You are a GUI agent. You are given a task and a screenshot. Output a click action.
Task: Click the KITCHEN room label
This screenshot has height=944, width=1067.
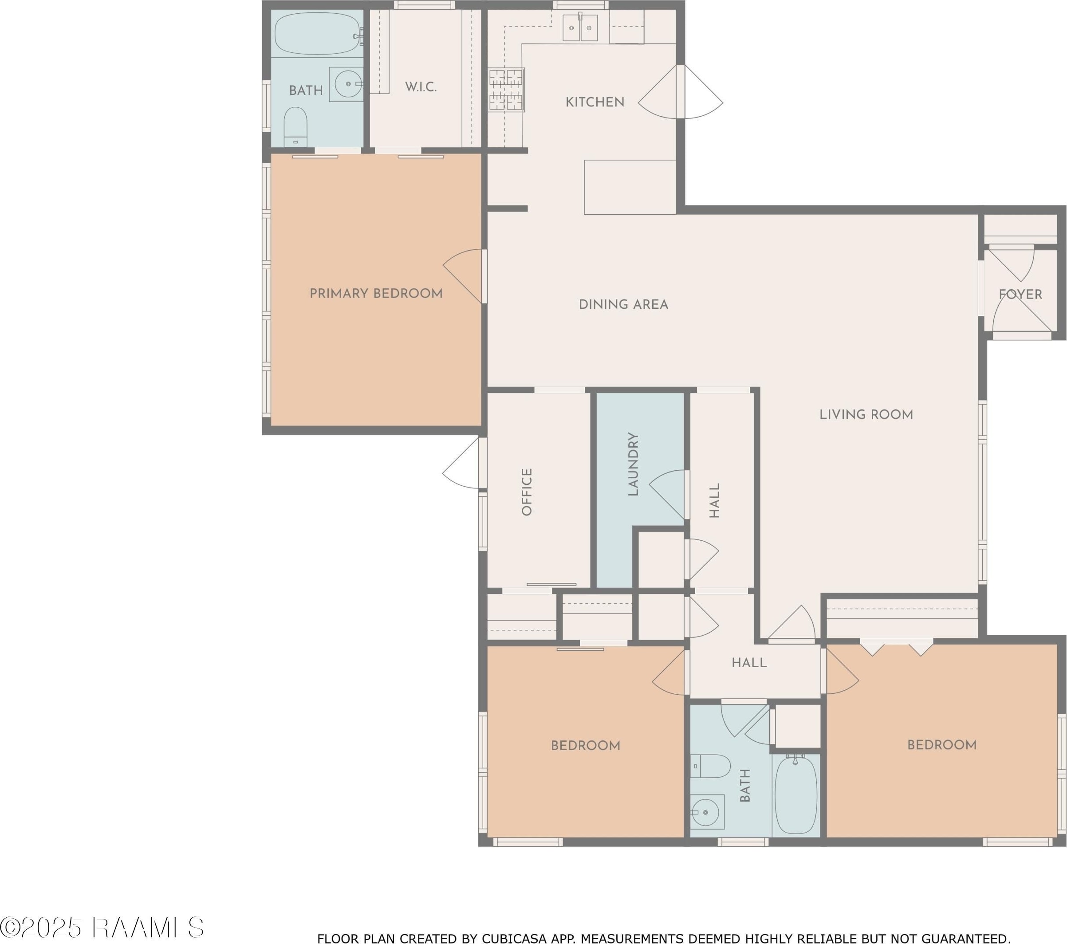pyautogui.click(x=595, y=102)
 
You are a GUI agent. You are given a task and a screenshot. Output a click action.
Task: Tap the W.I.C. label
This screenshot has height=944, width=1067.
pyautogui.click(x=421, y=87)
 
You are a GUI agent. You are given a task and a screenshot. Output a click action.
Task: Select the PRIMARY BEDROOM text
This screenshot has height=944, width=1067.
pyautogui.click(x=376, y=294)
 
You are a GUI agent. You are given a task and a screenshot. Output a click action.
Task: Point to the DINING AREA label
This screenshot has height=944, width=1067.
pyautogui.click(x=623, y=305)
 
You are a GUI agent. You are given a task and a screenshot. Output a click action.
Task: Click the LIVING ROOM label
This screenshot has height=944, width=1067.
pyautogui.click(x=866, y=415)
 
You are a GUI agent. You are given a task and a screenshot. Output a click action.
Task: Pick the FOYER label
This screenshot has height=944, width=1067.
pyautogui.click(x=1020, y=294)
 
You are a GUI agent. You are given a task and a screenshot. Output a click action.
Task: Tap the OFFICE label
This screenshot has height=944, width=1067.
pyautogui.click(x=527, y=492)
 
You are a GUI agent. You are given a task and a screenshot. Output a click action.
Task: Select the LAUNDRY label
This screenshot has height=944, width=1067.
pyautogui.click(x=633, y=464)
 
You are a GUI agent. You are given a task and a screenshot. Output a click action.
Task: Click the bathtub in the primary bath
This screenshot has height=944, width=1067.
pyautogui.click(x=317, y=33)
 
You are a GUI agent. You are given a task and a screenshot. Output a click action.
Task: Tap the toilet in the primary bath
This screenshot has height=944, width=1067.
pyautogui.click(x=295, y=127)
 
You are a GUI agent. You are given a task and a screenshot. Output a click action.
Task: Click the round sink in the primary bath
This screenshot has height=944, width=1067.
pyautogui.click(x=348, y=83)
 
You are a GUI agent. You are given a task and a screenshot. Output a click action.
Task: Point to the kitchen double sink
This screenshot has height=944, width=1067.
pyautogui.click(x=580, y=27)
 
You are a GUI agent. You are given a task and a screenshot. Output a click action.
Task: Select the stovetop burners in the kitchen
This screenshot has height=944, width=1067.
pyautogui.click(x=506, y=90)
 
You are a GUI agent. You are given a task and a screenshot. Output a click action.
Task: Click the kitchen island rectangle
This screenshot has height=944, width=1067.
pyautogui.click(x=630, y=187)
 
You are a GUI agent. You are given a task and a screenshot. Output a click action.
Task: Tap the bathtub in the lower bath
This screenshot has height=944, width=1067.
pyautogui.click(x=795, y=795)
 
